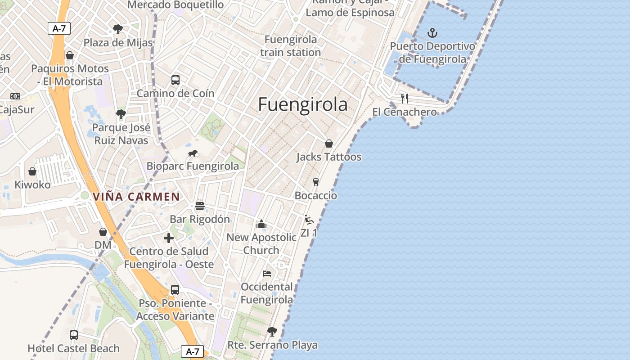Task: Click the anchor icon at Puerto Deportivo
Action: [x=432, y=32]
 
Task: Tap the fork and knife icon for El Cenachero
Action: [x=405, y=98]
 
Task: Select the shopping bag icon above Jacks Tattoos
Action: [x=329, y=144]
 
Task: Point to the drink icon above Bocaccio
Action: [x=316, y=182]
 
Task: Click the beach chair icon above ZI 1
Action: [x=309, y=220]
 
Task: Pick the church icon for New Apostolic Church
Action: [x=261, y=224]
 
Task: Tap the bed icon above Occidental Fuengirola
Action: [x=267, y=273]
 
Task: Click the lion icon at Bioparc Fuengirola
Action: [x=193, y=153]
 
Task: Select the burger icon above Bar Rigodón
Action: [x=200, y=206]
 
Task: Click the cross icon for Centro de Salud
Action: [x=169, y=238]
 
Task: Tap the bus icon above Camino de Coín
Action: [x=175, y=80]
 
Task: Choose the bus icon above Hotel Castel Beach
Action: [x=74, y=335]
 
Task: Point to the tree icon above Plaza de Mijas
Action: [x=118, y=30]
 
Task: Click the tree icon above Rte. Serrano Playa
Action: [x=272, y=332]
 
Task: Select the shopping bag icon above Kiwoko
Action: [x=32, y=171]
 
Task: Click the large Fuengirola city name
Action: [x=303, y=104]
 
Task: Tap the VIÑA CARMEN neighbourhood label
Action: [x=136, y=197]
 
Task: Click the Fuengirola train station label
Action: [x=291, y=46]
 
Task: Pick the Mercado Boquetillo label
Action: [x=175, y=5]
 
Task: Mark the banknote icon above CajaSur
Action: [x=15, y=96]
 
